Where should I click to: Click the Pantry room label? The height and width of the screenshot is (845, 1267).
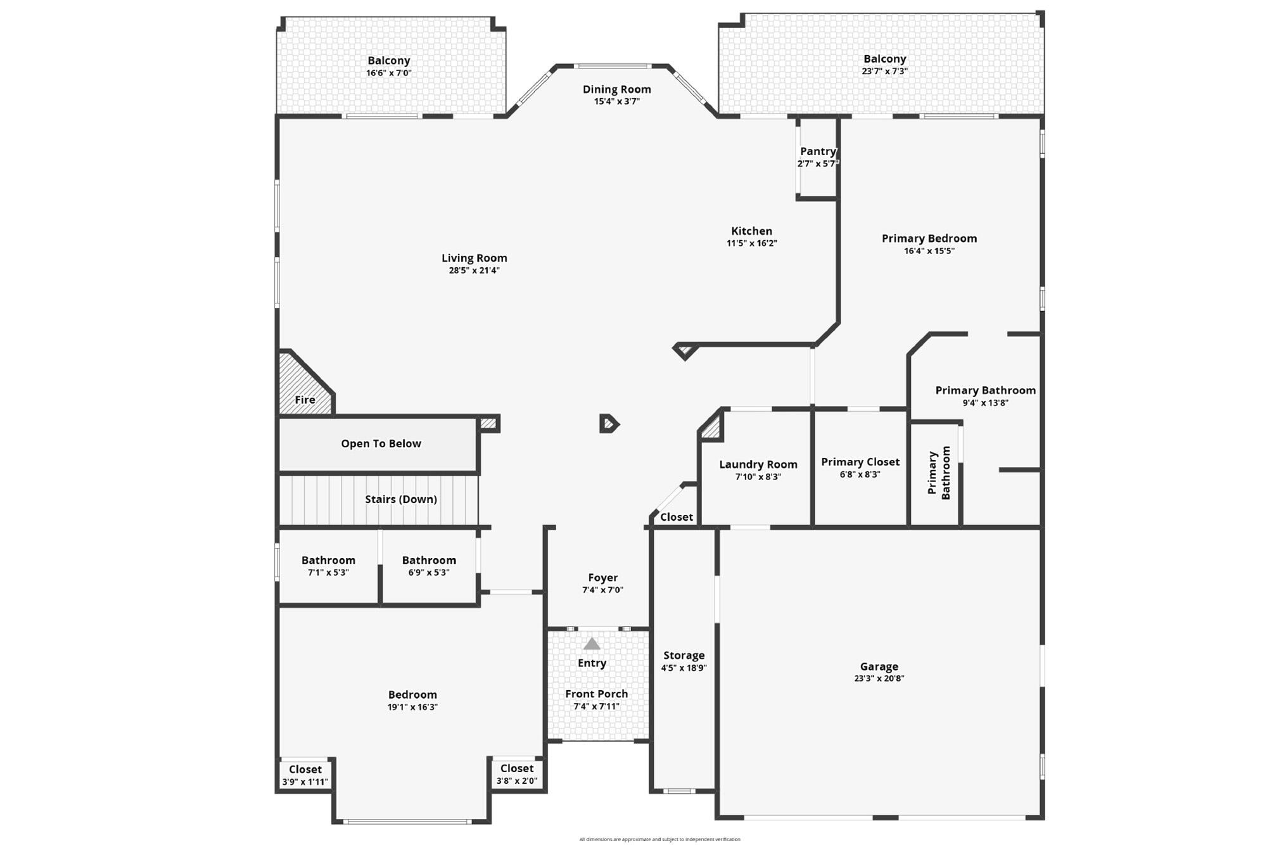point(818,151)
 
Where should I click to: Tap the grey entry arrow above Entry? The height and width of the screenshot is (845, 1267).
point(592,644)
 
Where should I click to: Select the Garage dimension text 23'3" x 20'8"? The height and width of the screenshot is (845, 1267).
point(879,678)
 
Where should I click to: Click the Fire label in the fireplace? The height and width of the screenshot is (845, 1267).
point(305,400)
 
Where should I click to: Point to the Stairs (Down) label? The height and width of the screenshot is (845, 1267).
point(401,499)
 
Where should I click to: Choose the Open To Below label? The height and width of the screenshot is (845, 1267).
point(381,443)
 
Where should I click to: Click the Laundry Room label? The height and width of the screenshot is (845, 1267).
point(758,464)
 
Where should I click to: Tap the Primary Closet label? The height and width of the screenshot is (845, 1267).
point(860,462)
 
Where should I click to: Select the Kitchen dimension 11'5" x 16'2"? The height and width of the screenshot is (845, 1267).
point(751,243)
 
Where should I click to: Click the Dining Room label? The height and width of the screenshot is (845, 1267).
point(616,89)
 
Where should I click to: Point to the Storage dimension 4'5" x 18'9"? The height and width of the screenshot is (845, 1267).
point(684,668)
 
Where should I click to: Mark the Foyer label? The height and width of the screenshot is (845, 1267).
point(602,578)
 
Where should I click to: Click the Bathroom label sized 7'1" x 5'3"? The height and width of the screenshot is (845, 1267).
point(328,560)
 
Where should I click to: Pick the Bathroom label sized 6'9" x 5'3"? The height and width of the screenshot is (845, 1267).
point(429,560)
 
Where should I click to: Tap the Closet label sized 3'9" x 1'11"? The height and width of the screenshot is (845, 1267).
point(305,770)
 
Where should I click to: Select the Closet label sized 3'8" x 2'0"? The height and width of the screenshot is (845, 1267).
point(516,768)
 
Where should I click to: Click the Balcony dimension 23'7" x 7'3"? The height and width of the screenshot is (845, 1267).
point(884,72)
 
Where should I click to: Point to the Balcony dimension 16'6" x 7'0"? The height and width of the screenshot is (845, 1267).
point(388,73)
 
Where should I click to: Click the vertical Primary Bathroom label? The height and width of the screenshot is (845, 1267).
point(939,473)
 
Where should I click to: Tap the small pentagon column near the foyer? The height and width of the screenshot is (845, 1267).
point(609,424)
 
